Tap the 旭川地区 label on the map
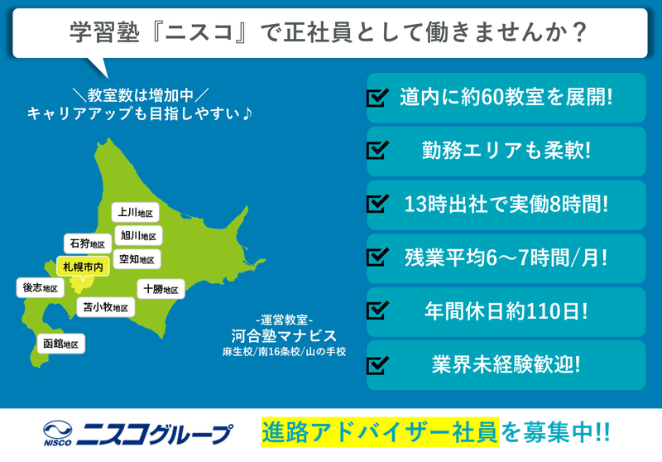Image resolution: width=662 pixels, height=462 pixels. click(x=137, y=236)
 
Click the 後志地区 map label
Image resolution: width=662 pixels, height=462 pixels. click(x=40, y=288)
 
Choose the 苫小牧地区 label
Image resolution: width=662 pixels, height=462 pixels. click(x=106, y=307)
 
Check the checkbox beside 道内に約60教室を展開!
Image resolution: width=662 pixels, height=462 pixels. click(x=377, y=98)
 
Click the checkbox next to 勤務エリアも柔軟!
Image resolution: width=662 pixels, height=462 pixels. click(x=377, y=152)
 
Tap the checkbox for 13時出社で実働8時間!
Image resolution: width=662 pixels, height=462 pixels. click(x=377, y=204)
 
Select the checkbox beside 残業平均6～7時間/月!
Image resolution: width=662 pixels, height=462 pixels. click(x=377, y=257)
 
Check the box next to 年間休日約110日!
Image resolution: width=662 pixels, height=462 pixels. click(x=377, y=310)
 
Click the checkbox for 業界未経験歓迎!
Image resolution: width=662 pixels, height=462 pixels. click(x=377, y=363)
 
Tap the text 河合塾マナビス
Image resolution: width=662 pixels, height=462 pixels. click(x=284, y=335)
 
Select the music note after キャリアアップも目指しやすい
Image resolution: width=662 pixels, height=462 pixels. click(x=247, y=112)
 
